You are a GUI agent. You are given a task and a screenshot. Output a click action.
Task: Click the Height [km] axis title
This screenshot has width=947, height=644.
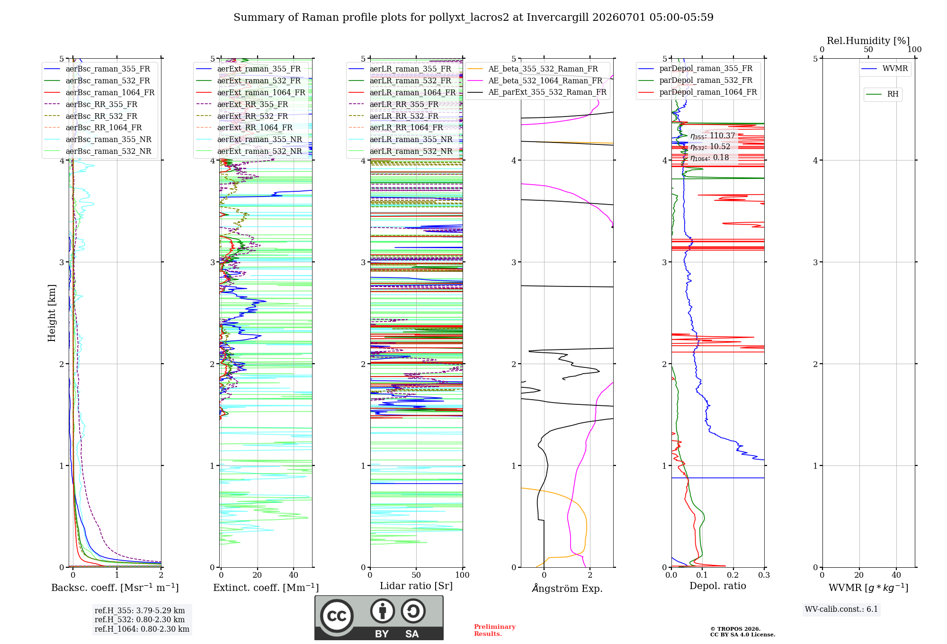point(52,313)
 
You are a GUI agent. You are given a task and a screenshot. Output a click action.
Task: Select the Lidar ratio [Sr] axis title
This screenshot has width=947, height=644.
point(416,586)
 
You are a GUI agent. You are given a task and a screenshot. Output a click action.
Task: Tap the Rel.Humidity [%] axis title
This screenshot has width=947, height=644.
point(868,41)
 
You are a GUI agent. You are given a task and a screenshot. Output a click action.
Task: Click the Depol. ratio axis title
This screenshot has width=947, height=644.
point(718,586)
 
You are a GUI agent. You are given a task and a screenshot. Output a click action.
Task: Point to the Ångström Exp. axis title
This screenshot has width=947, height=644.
point(567,588)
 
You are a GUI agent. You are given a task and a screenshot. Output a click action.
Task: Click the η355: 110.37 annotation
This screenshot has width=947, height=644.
point(713,136)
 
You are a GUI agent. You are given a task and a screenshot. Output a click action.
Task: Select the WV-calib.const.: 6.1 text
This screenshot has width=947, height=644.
point(841,609)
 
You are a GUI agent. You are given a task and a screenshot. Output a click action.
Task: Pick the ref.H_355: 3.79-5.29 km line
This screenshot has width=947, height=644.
point(140,610)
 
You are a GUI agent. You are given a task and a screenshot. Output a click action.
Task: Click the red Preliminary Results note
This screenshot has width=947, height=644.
point(495,630)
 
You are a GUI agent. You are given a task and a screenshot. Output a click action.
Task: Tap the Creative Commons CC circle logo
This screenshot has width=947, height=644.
point(337,616)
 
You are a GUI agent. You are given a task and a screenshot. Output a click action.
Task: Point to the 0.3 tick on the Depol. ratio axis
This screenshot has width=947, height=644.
point(764,575)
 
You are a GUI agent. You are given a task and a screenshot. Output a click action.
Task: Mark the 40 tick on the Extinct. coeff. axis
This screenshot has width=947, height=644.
point(294,575)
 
